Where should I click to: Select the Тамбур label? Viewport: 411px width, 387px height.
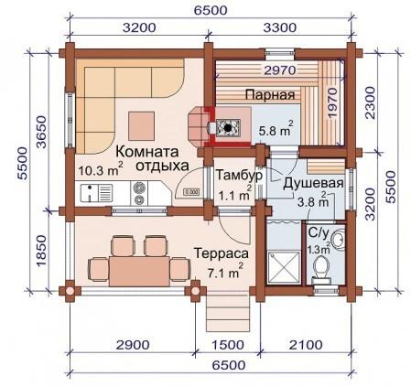tap(240, 175)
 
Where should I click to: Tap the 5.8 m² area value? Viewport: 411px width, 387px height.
tap(276, 131)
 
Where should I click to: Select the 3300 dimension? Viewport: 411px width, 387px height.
tap(278, 28)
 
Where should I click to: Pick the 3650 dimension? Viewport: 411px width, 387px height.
tap(39, 137)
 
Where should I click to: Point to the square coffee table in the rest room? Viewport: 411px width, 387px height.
tap(142, 123)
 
